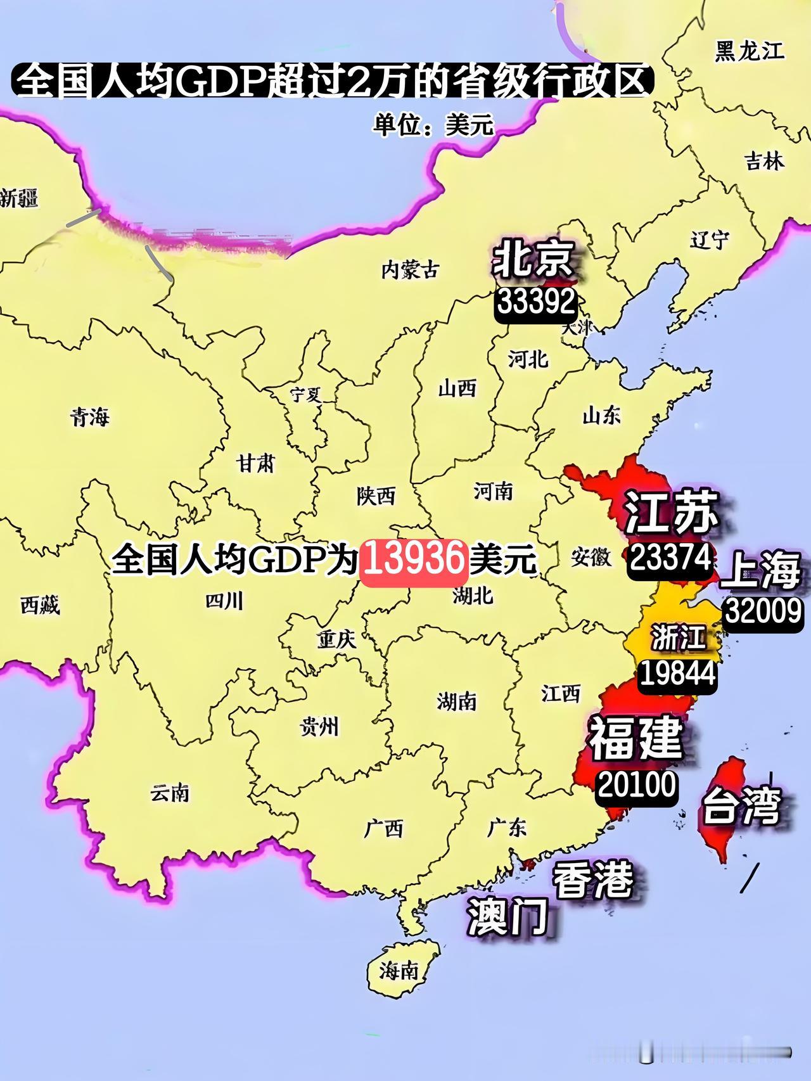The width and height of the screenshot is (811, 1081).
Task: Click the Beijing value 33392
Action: [537, 303]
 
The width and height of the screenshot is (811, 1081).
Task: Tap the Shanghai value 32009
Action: [763, 611]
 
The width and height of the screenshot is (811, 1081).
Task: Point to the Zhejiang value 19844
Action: [677, 674]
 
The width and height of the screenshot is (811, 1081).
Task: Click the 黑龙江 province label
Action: [749, 51]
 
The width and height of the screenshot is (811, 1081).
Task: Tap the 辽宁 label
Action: [710, 240]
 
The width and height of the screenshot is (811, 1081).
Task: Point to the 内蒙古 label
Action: [410, 271]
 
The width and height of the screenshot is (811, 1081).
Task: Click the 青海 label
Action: [89, 417]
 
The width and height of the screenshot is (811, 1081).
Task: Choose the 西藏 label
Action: [40, 606]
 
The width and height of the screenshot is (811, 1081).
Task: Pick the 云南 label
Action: [170, 793]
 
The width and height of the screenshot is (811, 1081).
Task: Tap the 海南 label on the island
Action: [399, 969]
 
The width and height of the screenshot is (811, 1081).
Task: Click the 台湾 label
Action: [740, 806]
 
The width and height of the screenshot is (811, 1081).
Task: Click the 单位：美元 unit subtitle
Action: [433, 125]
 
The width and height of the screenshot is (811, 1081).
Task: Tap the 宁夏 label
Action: [306, 395]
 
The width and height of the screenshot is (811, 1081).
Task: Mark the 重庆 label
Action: [337, 639]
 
